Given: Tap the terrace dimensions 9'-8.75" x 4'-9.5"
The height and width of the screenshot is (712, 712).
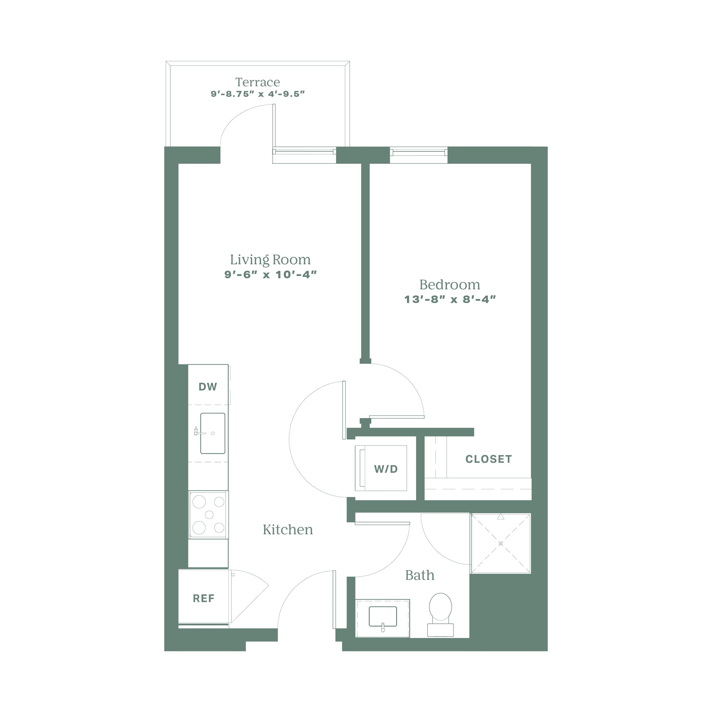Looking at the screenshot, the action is [x=258, y=94].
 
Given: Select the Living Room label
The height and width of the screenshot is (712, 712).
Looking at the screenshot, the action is [x=270, y=260].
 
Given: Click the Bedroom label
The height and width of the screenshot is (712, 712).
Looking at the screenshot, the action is [x=450, y=285].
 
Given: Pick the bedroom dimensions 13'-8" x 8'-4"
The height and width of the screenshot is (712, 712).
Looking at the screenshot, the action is [x=450, y=299].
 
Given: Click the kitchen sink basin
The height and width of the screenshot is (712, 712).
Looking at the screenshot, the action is [x=213, y=433].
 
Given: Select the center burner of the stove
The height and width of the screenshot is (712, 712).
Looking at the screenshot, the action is [x=209, y=515].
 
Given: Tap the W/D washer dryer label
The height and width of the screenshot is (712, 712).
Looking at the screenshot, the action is [x=386, y=469].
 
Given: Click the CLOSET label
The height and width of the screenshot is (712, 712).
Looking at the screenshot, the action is [x=489, y=459].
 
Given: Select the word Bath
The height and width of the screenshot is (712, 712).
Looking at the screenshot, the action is [x=420, y=575].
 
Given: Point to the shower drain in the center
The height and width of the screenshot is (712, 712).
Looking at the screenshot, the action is [x=500, y=544].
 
